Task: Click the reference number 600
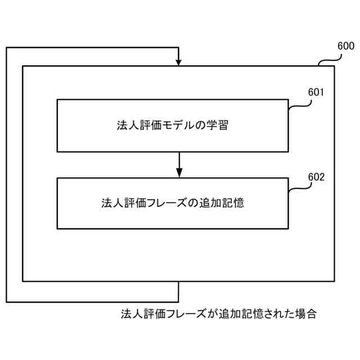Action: pos(345,46)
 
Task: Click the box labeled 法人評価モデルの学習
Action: pos(173,125)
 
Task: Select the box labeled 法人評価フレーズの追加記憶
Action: pos(173,202)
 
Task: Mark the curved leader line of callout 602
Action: pos(298,187)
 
